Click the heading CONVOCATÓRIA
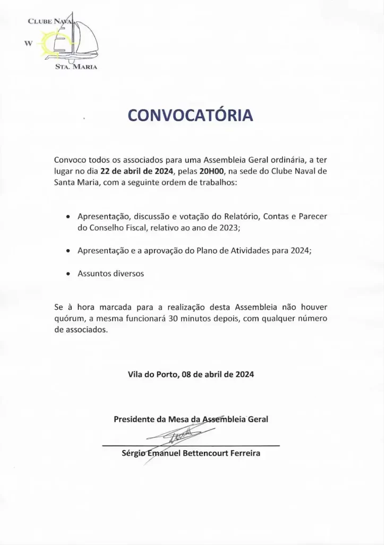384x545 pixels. coord(191,115)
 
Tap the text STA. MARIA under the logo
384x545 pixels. coord(76,67)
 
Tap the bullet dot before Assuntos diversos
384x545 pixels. coord(68,275)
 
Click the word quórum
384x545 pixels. coord(71,318)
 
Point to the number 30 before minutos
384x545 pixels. coord(173,318)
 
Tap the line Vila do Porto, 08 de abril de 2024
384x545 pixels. coord(191,374)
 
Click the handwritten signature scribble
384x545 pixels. coord(175,436)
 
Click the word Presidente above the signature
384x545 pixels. coord(135,419)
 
